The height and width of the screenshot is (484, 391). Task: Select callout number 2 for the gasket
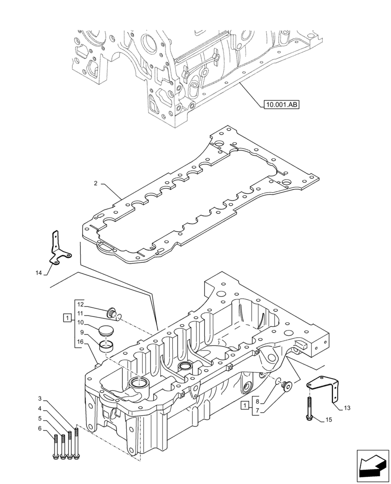coord(96,183)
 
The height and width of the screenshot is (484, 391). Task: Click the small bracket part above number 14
coord(59,249)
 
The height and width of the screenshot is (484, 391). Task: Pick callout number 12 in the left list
coord(80,304)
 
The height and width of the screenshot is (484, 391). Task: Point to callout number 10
coord(80,322)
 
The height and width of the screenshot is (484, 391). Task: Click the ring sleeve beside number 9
coord(107,346)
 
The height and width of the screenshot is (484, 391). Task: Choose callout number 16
coord(80,342)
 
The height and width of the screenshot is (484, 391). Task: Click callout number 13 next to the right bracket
coord(347,408)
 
